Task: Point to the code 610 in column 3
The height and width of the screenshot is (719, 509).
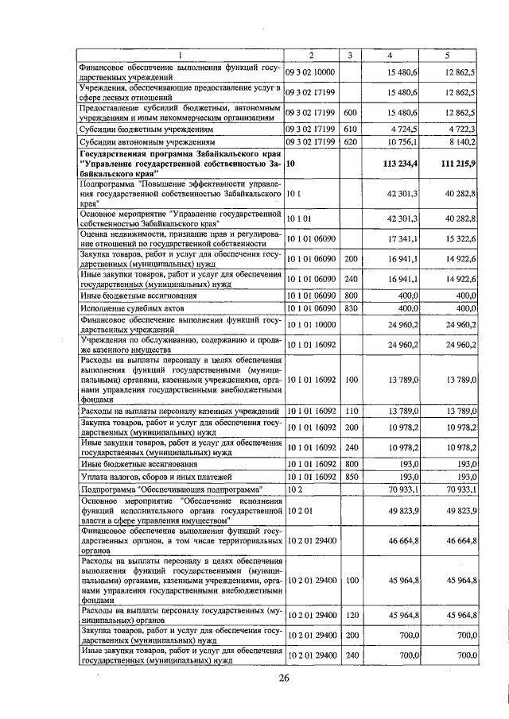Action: coord(349,128)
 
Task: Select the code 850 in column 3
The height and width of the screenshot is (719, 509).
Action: coord(349,475)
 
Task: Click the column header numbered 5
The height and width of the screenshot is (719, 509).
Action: coord(448,56)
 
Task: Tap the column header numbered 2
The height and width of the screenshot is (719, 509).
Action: coord(311,56)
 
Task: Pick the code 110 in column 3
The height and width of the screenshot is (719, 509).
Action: coord(349,411)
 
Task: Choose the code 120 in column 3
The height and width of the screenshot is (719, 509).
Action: coord(349,614)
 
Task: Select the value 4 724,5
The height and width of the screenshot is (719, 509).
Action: coord(402,128)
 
